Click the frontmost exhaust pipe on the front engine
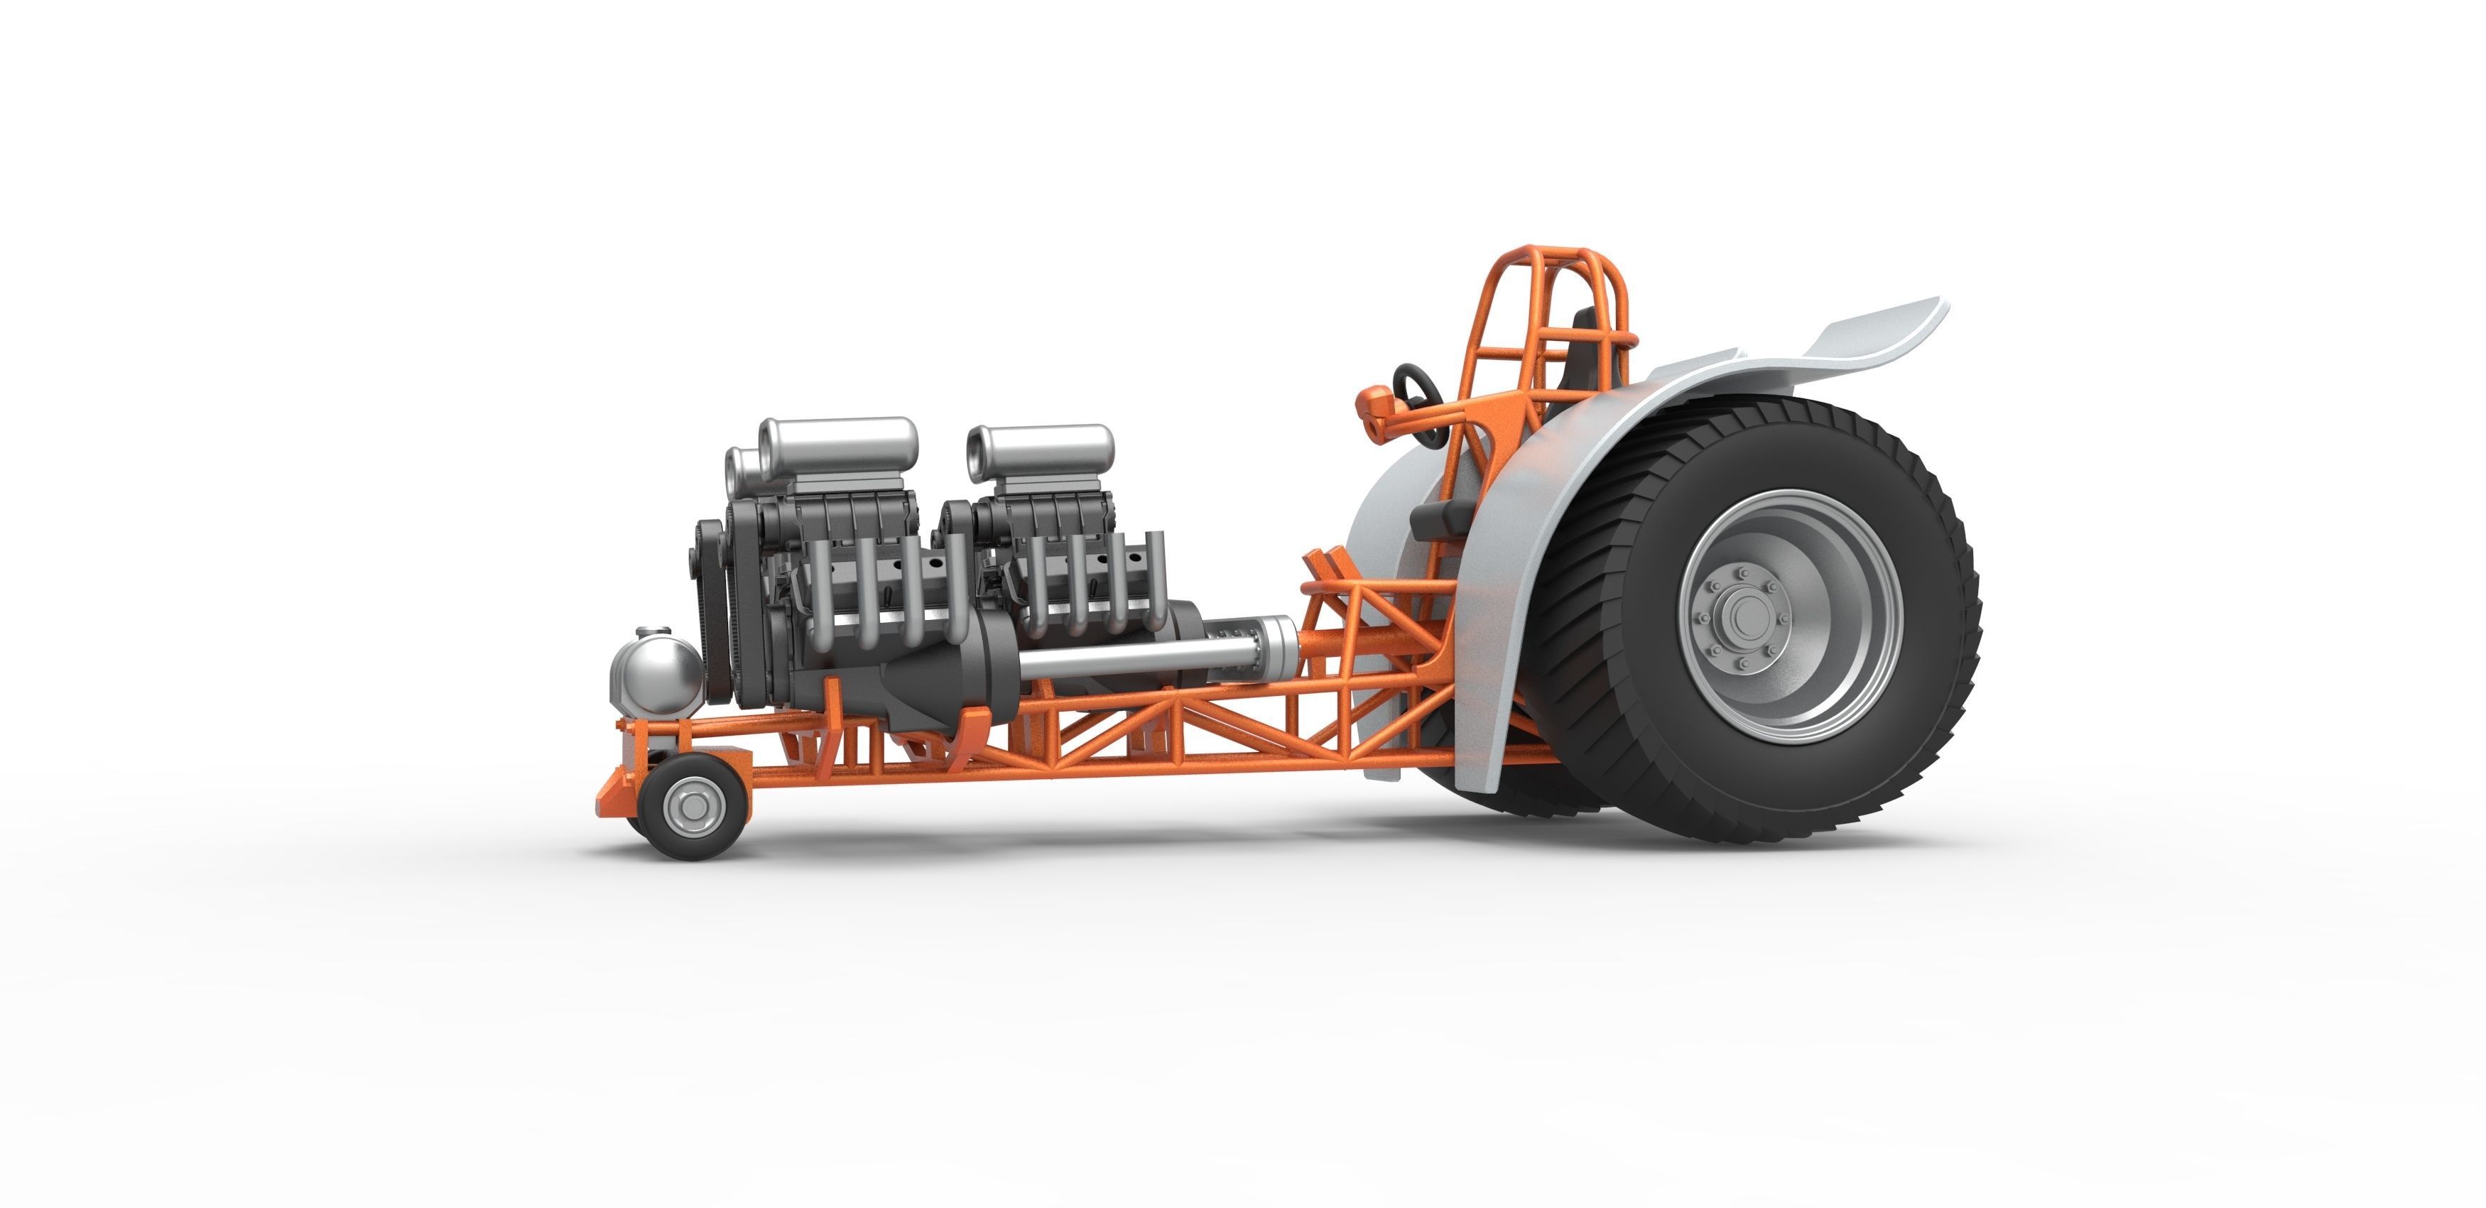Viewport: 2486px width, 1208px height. (x=820, y=594)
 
